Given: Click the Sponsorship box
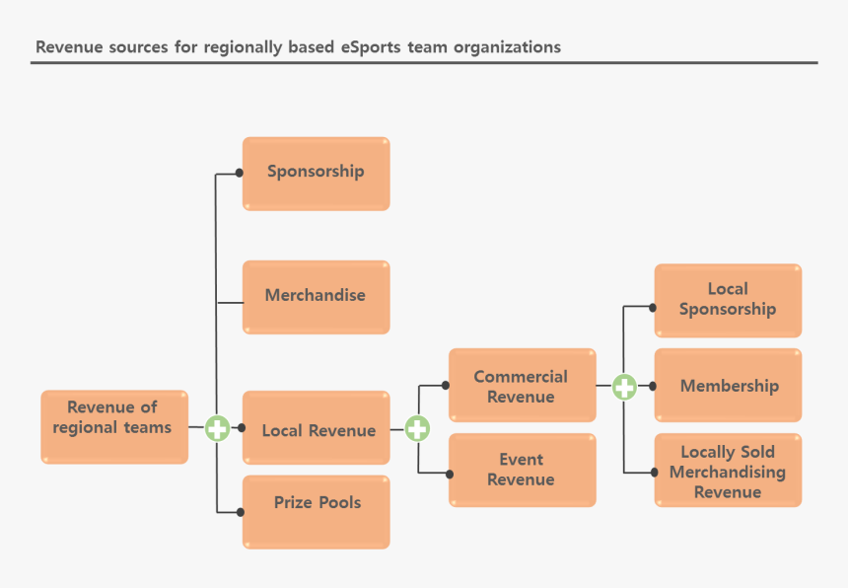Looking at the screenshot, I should [316, 173].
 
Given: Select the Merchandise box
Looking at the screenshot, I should [316, 296].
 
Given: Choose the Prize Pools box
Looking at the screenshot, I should [317, 511].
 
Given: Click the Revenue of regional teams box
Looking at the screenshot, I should [113, 426].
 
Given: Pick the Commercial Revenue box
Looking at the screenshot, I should [522, 385].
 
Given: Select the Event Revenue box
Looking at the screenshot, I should [522, 470].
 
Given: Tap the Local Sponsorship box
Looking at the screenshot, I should [728, 300].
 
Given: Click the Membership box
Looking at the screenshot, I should [728, 385].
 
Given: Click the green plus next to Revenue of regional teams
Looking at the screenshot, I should [217, 429].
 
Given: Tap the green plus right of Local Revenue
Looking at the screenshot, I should [417, 428].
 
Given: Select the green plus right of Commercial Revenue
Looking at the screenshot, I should [624, 387].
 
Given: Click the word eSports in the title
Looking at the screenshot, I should [371, 46].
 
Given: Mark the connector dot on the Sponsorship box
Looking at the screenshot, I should [240, 173].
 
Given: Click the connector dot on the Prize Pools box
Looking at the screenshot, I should [240, 512].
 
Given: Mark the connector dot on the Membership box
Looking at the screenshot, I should [653, 387].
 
